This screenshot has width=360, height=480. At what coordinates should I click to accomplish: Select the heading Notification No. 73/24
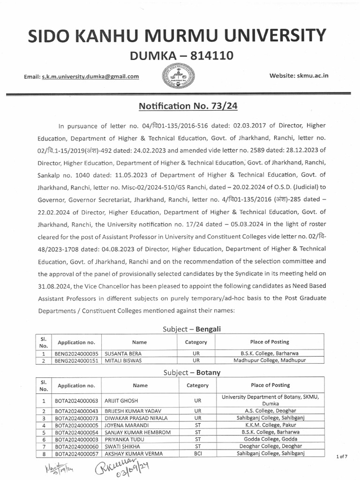(x=188, y=106)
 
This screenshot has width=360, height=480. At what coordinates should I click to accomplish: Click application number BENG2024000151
(x=77, y=360)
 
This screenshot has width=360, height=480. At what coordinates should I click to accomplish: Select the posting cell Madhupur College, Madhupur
(x=270, y=360)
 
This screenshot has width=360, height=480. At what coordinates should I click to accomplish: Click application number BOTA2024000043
(x=77, y=411)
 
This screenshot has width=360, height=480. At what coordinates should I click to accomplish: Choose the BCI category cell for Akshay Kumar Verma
(x=197, y=454)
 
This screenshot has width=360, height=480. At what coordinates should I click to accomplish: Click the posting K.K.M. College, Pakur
(x=271, y=425)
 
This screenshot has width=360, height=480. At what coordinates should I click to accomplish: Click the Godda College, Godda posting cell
(x=270, y=440)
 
